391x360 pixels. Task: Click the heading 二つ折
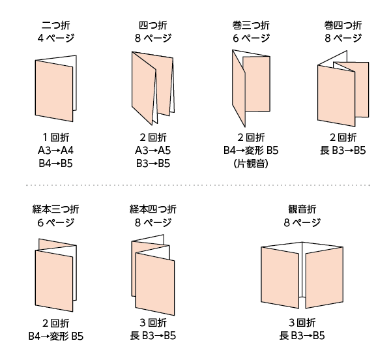(55, 25)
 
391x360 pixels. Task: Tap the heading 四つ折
(153, 25)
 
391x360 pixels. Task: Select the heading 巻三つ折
(251, 25)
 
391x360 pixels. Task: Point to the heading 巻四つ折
(343, 25)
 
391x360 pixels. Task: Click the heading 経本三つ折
(55, 209)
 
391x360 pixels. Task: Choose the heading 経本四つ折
(153, 209)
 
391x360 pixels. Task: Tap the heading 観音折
(302, 209)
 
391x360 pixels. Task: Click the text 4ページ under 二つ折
(55, 38)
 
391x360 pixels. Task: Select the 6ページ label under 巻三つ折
(251, 38)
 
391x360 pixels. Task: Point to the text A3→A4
(55, 151)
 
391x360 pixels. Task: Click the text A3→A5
(153, 151)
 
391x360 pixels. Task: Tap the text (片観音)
(251, 164)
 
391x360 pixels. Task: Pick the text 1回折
(55, 137)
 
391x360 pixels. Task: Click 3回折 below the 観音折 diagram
(302, 323)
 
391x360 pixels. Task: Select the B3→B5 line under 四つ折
(153, 164)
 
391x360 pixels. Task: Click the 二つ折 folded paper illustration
(55, 88)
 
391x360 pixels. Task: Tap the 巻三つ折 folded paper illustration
(251, 88)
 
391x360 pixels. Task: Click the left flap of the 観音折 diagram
(280, 277)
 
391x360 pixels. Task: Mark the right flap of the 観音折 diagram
(325, 277)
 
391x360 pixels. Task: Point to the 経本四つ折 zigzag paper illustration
(153, 275)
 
